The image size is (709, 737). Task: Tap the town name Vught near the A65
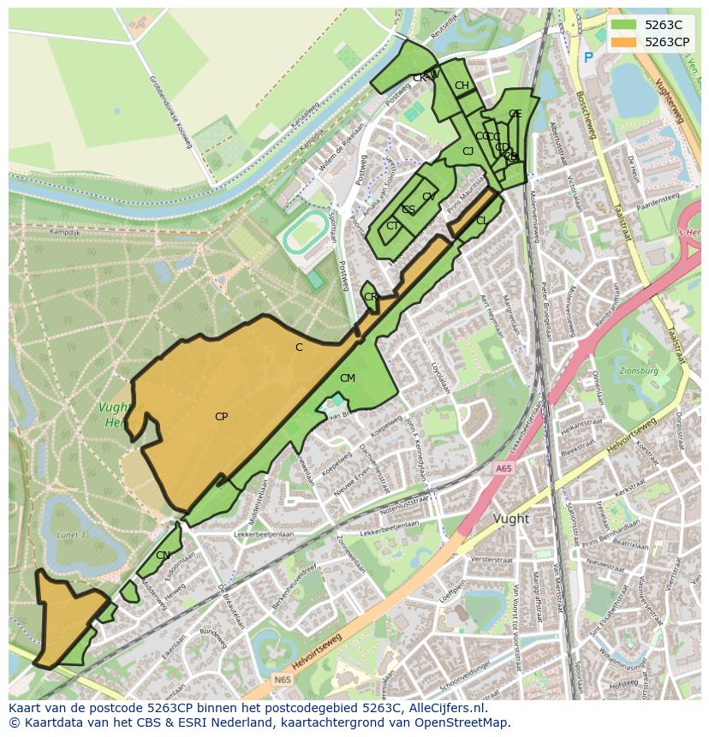point(511,519)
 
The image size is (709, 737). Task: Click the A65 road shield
point(503,468)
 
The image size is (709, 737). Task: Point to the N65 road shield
point(283,680)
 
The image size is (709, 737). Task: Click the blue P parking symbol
point(587,58)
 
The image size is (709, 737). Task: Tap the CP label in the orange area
point(221,417)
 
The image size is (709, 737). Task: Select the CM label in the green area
point(347,377)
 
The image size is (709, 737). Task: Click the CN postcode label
point(163,556)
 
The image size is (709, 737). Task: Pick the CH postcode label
point(462,85)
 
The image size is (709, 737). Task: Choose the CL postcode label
point(482,221)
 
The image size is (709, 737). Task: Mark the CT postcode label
point(392,226)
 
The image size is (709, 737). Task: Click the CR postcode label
point(371,297)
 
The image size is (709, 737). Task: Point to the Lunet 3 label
point(72,535)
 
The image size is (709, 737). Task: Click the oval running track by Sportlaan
point(301,233)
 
